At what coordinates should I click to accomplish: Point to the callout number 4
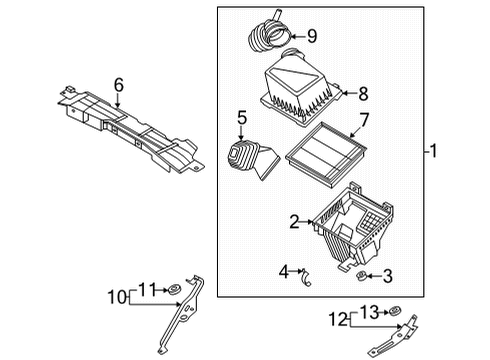284,270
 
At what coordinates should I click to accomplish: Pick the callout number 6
118,86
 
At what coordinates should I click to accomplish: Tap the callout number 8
362,95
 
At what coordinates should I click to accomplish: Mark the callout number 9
311,37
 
